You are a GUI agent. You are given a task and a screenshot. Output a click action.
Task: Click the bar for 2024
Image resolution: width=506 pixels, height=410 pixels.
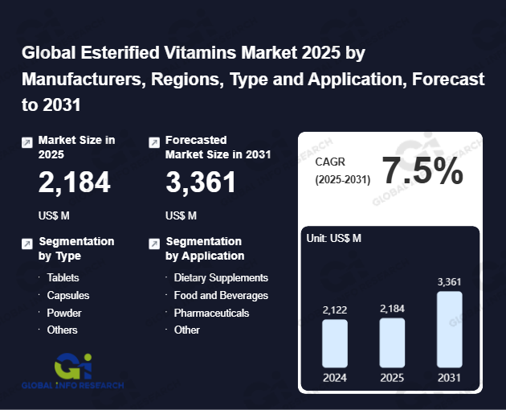pos(334,343)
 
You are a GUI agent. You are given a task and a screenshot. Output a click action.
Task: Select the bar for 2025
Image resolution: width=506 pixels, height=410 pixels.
pos(392,342)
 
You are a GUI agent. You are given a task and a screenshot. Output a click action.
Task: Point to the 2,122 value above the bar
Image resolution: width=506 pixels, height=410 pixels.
pos(335,310)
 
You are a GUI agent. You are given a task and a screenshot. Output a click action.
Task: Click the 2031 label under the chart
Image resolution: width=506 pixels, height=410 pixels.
pos(449,378)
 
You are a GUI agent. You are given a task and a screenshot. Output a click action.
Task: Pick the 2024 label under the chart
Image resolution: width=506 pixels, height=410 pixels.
pos(335,378)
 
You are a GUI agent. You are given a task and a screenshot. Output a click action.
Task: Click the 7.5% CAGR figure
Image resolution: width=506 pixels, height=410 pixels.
pos(422,171)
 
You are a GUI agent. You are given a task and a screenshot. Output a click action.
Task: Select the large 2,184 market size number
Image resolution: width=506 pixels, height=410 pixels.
pos(75,183)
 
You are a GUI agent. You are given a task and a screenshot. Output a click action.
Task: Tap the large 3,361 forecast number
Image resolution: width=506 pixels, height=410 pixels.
pos(201,183)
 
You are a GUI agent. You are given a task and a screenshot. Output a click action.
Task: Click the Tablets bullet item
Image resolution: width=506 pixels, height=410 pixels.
pos(63,277)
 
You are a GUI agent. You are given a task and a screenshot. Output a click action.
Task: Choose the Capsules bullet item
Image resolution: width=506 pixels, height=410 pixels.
pos(67,295)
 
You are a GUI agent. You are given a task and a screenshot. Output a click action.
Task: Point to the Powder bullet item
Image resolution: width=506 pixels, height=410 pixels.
pos(63,313)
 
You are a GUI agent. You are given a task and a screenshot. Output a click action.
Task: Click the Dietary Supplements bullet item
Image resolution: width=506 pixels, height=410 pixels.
pos(221,277)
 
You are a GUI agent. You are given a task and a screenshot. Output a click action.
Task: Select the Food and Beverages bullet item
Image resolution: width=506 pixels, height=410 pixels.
pos(221,295)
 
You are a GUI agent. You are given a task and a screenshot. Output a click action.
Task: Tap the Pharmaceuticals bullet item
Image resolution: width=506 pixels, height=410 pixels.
pos(211,313)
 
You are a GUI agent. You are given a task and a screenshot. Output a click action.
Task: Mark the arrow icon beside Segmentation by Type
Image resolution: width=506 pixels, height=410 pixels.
pos(27,244)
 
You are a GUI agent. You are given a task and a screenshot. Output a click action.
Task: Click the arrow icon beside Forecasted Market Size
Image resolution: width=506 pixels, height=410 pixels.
pos(154,142)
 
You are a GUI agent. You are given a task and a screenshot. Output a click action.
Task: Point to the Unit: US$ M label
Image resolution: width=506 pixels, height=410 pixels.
pos(334,238)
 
